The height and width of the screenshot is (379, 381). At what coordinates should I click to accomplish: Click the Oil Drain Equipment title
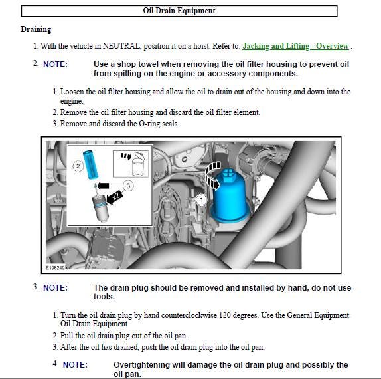(179, 11)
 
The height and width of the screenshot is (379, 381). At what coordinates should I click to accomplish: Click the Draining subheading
(36, 29)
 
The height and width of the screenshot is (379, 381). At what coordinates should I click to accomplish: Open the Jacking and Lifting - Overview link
(296, 46)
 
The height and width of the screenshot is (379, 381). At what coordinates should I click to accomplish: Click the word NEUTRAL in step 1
(121, 46)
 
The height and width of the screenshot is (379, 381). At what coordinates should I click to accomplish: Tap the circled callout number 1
(201, 200)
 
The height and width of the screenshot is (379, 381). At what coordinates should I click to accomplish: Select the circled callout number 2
(78, 166)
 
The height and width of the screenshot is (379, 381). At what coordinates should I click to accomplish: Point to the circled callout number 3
(128, 186)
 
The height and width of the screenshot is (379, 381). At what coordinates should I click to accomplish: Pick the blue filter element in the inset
(91, 165)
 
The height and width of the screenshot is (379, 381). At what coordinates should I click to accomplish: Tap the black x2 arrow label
(115, 197)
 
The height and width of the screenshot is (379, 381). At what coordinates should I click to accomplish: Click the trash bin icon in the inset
(138, 164)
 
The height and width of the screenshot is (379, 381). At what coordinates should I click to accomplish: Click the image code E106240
(55, 268)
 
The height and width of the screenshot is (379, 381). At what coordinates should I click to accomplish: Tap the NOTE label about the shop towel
(55, 64)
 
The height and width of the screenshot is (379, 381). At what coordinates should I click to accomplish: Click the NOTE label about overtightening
(75, 365)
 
